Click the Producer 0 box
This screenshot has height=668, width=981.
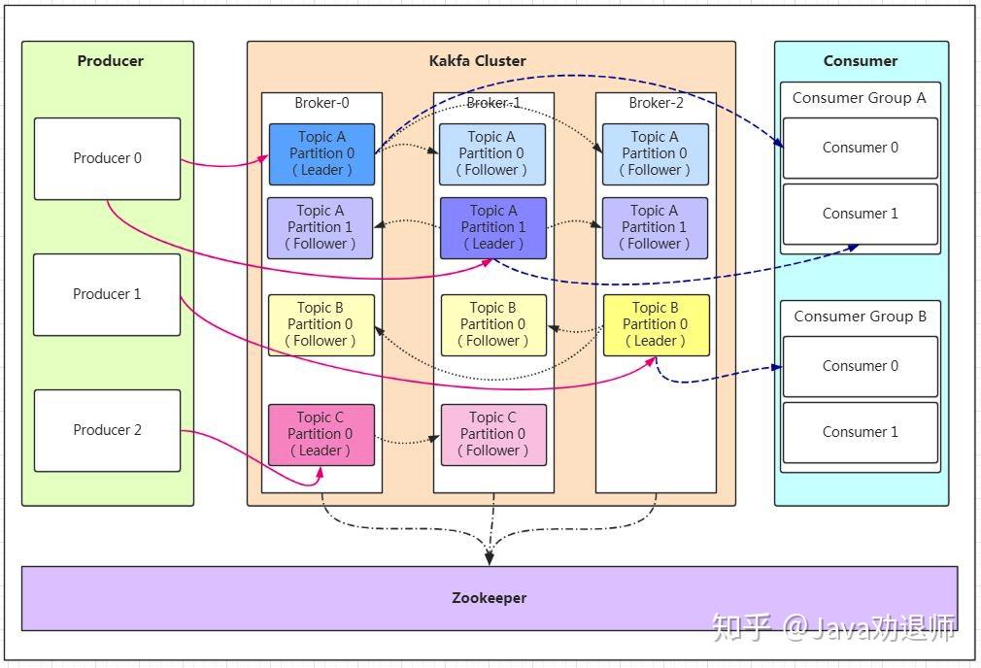[107, 159]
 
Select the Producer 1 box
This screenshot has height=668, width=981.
[107, 294]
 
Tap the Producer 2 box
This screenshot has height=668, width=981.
[107, 430]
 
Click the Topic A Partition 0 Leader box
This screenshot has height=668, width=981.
[321, 153]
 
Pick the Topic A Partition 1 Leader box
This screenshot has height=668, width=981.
[493, 227]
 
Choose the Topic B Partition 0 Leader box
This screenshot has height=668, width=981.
[656, 325]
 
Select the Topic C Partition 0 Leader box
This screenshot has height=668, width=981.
[321, 435]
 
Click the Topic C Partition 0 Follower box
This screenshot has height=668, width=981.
[493, 435]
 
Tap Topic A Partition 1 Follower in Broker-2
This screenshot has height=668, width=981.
[655, 227]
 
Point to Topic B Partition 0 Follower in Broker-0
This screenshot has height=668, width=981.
[321, 325]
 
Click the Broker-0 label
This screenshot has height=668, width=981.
[321, 103]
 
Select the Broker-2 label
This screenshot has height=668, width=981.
[656, 103]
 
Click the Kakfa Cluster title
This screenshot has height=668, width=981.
[477, 60]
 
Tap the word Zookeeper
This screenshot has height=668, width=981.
[490, 598]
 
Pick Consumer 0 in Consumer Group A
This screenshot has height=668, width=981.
[861, 148]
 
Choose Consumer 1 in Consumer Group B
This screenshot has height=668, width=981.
[861, 432]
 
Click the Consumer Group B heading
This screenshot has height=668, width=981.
[861, 317]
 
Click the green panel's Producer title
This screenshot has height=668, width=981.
[110, 60]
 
